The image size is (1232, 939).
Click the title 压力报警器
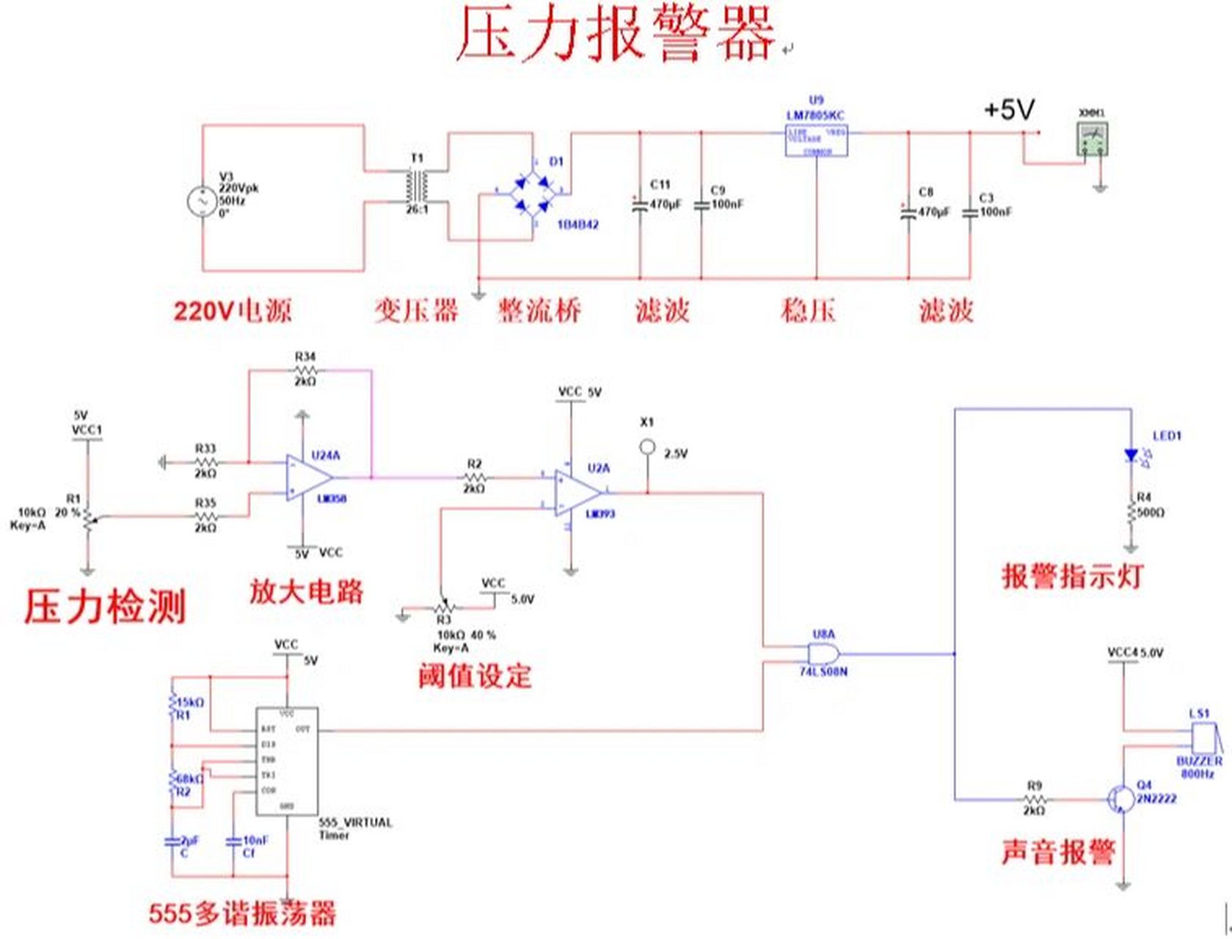coord(615,34)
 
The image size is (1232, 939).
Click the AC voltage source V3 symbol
coord(200,201)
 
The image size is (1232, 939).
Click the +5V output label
coord(1009,111)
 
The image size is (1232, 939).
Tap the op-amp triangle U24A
coord(308,478)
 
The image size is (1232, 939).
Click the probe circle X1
coord(647,446)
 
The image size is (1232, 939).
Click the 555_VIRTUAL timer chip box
coord(287,761)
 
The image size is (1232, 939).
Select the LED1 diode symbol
coord(1131,456)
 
